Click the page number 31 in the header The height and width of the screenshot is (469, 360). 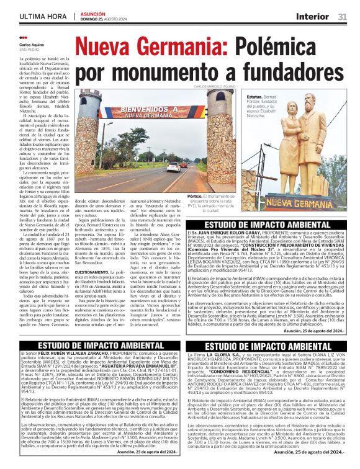point(342,16)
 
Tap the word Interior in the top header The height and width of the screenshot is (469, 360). point(312,16)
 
